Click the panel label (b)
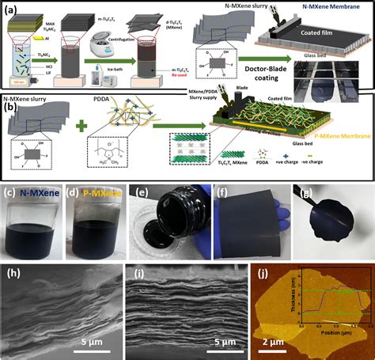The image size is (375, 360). click(x=13, y=102)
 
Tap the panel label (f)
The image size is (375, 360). click(x=224, y=191)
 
